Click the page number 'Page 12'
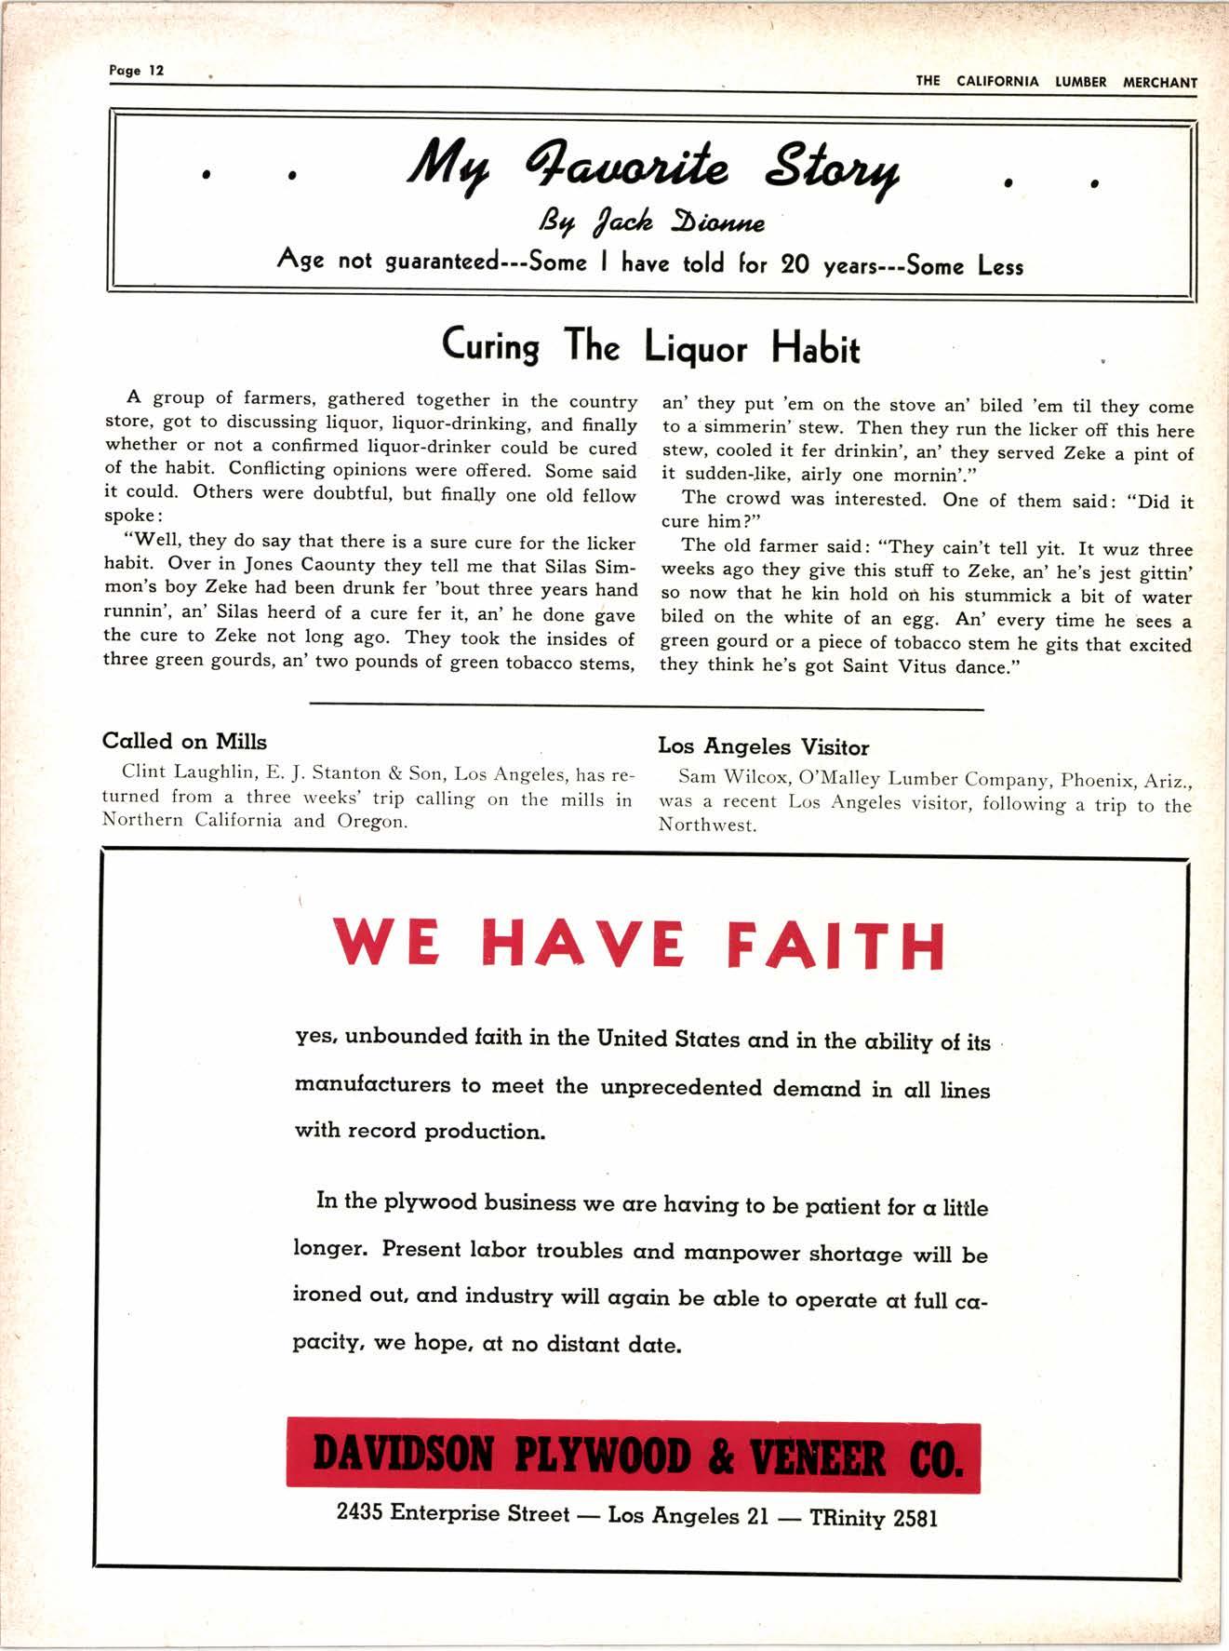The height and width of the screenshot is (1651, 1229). point(136,71)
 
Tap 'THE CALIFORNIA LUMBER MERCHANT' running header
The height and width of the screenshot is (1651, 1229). point(1056,81)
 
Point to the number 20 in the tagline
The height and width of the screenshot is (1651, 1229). point(795,264)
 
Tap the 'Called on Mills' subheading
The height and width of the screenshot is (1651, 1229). point(184,742)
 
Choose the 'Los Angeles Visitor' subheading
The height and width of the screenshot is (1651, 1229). point(763,746)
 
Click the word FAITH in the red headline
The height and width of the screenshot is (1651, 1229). point(835,945)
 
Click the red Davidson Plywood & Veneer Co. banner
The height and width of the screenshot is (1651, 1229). point(633,1457)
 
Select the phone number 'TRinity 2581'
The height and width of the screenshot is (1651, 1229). point(874,1518)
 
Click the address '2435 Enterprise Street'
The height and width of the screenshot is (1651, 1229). point(453,1513)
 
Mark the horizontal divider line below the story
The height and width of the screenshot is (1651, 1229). point(646,709)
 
